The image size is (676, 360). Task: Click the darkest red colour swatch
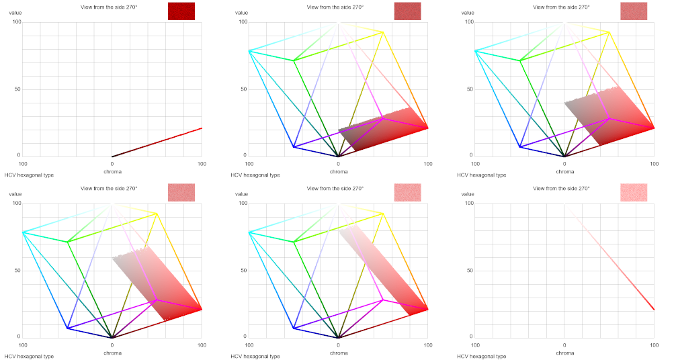[181, 11]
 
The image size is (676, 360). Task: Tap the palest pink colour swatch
[634, 192]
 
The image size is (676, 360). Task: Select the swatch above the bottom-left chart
[181, 192]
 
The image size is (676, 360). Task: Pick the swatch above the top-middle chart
[407, 11]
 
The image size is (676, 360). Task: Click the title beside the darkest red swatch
[108, 7]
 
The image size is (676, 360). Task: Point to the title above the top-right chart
[561, 7]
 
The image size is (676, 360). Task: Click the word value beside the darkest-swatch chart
[15, 13]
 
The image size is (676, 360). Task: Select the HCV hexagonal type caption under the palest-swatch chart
[481, 356]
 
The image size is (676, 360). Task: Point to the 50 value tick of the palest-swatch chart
[470, 270]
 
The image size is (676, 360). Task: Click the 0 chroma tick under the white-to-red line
[564, 345]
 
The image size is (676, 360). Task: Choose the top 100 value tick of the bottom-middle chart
[244, 203]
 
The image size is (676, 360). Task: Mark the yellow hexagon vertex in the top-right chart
[609, 32]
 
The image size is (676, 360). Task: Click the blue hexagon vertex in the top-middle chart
[294, 146]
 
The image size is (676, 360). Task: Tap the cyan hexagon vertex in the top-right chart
[475, 50]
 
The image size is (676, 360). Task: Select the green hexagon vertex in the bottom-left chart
[67, 242]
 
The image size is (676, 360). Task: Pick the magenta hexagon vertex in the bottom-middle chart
[383, 300]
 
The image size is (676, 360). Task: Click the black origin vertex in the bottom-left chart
[112, 337]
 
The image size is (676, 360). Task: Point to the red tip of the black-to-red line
[202, 128]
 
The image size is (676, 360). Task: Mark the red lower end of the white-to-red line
[654, 309]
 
